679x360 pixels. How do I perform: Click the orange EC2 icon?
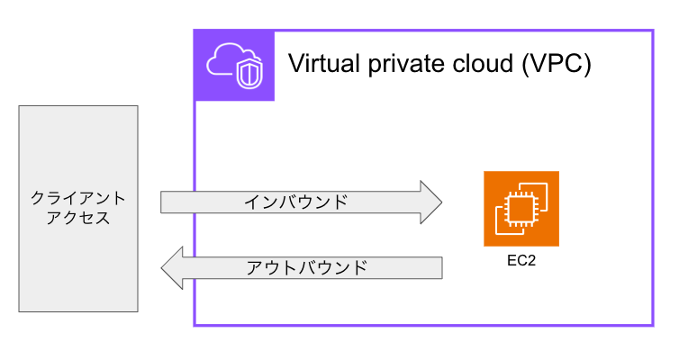click(x=521, y=208)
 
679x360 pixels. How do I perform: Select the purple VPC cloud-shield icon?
click(x=234, y=65)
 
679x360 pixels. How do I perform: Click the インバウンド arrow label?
click(x=295, y=202)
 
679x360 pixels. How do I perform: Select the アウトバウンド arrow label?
click(x=306, y=267)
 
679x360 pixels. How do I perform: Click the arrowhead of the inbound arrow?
click(x=430, y=202)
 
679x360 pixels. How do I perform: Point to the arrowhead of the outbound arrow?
click(x=172, y=267)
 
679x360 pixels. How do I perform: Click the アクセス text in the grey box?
click(x=78, y=219)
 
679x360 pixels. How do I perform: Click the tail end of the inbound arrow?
click(x=166, y=202)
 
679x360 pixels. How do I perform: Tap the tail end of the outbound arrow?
click(x=438, y=267)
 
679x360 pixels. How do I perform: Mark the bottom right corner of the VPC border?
click(x=651, y=324)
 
